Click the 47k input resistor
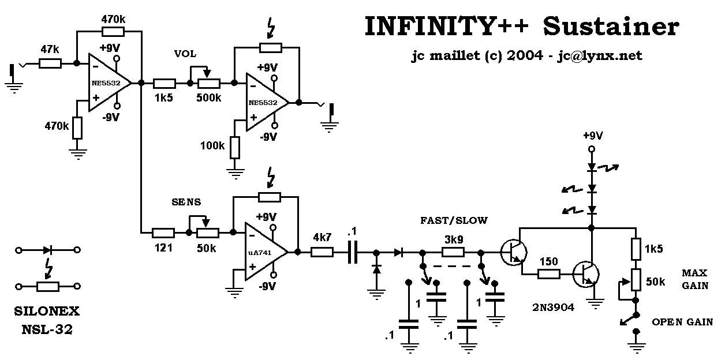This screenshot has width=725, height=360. coord(50,63)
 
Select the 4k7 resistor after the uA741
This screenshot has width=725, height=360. coord(322,252)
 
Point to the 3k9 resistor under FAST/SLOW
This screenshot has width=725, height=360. coord(454,252)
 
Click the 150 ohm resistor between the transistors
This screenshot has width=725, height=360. coord(548,274)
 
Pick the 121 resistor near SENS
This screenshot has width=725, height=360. coord(163,232)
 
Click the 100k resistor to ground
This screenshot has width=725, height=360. coord(234,147)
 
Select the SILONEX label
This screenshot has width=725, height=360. coord(47,312)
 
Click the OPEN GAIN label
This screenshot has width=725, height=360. coord(682,322)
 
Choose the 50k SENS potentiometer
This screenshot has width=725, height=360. coord(208,232)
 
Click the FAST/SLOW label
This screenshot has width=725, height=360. coord(454,220)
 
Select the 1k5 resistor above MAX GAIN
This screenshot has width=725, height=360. coord(636,249)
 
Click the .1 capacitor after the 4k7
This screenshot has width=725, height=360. coord(353,252)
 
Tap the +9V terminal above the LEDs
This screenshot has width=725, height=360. coord(591,149)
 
